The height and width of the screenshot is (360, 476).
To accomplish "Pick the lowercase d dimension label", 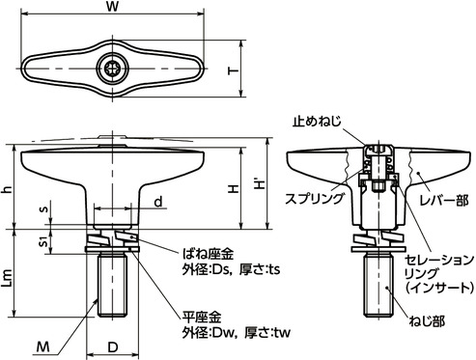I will pyautogui.click(x=156, y=202).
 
